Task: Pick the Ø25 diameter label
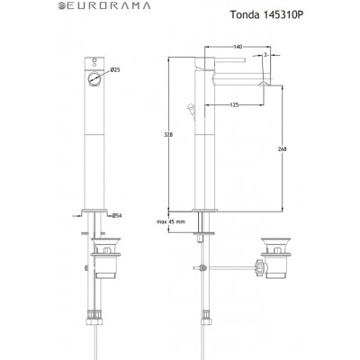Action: pyautogui.click(x=115, y=69)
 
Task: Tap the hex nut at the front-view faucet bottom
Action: pyautogui.click(x=93, y=316)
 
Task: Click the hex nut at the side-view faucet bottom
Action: pyautogui.click(x=205, y=316)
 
